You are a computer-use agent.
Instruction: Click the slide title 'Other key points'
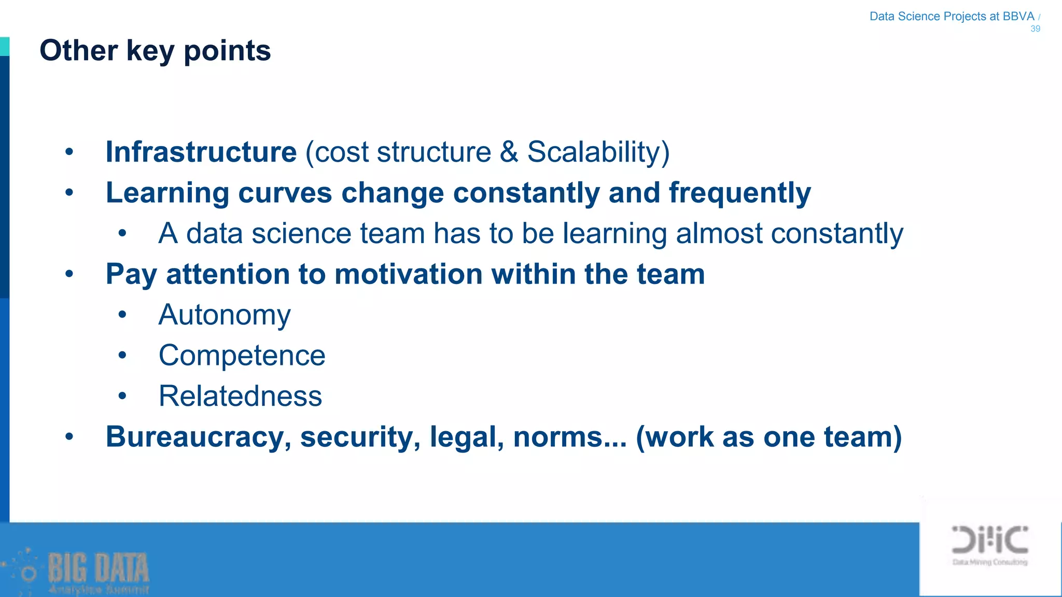click(x=155, y=51)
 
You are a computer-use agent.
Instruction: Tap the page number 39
click(x=1035, y=29)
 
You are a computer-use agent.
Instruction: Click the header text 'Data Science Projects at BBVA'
click(x=952, y=17)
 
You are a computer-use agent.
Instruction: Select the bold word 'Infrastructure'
click(x=201, y=152)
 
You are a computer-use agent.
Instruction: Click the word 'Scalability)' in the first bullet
click(x=598, y=152)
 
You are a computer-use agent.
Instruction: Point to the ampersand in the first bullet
click(x=509, y=152)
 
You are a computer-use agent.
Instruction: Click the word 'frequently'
click(x=739, y=193)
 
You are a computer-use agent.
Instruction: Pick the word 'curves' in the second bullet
click(x=285, y=193)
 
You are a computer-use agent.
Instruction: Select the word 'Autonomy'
click(x=225, y=315)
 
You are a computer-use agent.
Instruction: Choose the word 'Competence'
click(x=242, y=356)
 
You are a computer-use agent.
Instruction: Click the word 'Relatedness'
click(x=240, y=396)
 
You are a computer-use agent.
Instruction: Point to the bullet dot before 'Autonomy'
click(x=122, y=315)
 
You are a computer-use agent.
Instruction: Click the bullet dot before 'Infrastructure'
click(x=69, y=152)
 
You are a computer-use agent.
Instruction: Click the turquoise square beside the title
click(x=5, y=46)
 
